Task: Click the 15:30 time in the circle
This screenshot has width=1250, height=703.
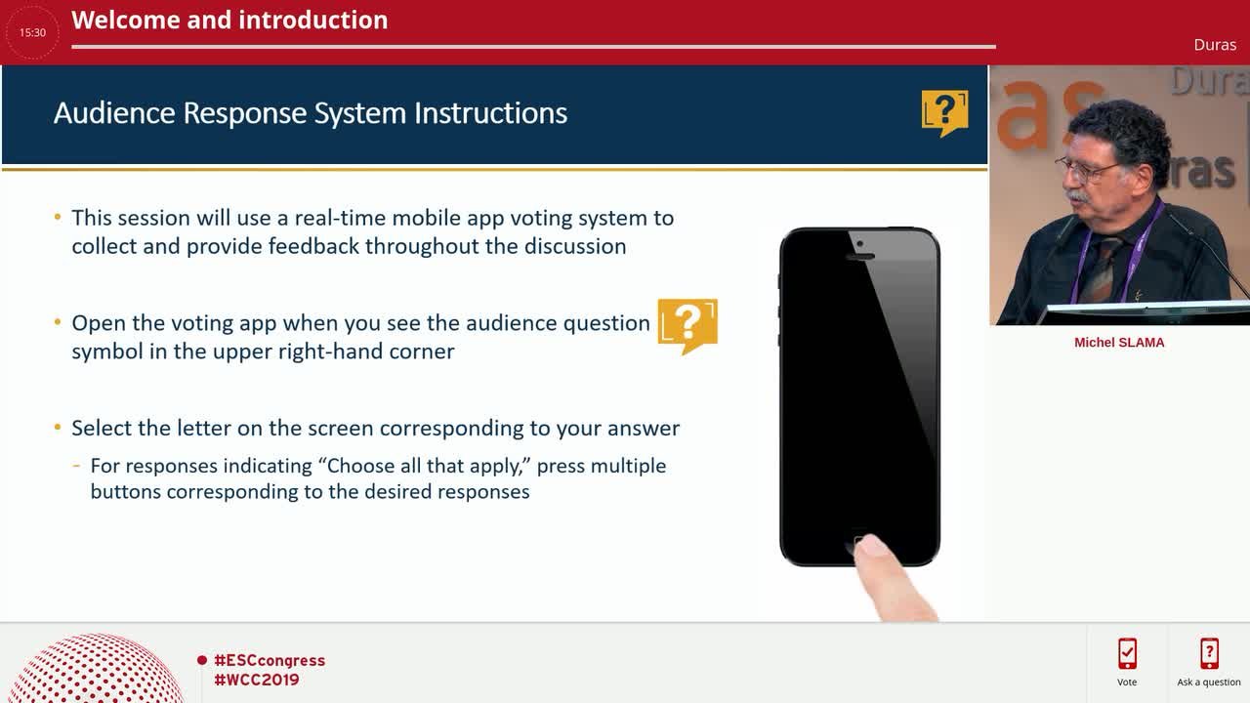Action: (x=32, y=33)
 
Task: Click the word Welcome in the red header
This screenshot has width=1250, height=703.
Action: (x=126, y=21)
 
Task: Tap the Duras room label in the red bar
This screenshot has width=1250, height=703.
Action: (x=1215, y=45)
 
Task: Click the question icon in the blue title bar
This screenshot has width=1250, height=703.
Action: (x=944, y=113)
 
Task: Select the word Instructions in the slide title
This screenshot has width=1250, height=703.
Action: (x=490, y=113)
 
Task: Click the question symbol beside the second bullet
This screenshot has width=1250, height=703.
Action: (x=687, y=326)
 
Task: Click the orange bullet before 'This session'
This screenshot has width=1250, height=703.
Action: (x=58, y=217)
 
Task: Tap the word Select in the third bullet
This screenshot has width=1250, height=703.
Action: (x=101, y=428)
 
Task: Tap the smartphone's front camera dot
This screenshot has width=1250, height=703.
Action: (x=860, y=244)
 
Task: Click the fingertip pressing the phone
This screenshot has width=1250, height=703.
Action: (x=871, y=546)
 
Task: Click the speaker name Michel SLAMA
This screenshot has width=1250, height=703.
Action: (x=1119, y=343)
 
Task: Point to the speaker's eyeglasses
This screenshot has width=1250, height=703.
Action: (x=1084, y=170)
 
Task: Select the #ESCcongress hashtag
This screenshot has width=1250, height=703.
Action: (x=270, y=660)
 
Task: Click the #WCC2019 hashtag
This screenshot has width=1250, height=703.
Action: (x=257, y=680)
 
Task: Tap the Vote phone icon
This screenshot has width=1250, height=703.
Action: (x=1127, y=653)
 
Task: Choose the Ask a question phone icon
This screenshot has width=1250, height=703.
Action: (x=1209, y=653)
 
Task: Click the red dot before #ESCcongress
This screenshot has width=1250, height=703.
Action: (x=202, y=661)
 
